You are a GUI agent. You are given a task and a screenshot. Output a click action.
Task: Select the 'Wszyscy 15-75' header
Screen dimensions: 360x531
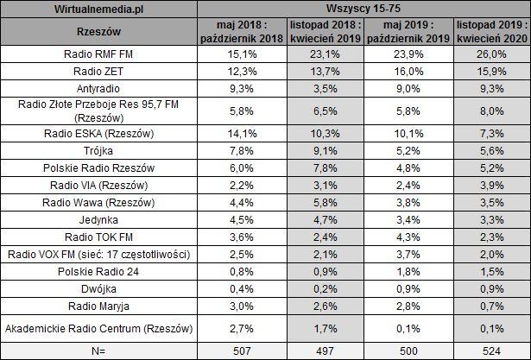(x=363, y=8)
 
